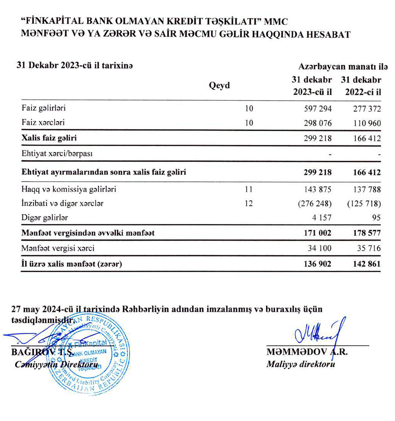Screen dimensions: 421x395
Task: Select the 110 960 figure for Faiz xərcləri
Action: (x=365, y=123)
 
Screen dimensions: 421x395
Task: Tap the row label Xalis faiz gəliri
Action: (x=49, y=138)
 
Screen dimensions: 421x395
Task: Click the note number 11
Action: (x=248, y=189)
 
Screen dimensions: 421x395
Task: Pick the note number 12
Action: (x=248, y=204)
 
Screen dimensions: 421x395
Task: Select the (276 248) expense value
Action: (x=314, y=204)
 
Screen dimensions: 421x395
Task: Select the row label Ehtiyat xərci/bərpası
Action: (x=57, y=154)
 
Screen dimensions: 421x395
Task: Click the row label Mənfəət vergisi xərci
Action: (x=58, y=248)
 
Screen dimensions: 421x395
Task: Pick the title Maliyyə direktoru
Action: (x=301, y=364)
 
